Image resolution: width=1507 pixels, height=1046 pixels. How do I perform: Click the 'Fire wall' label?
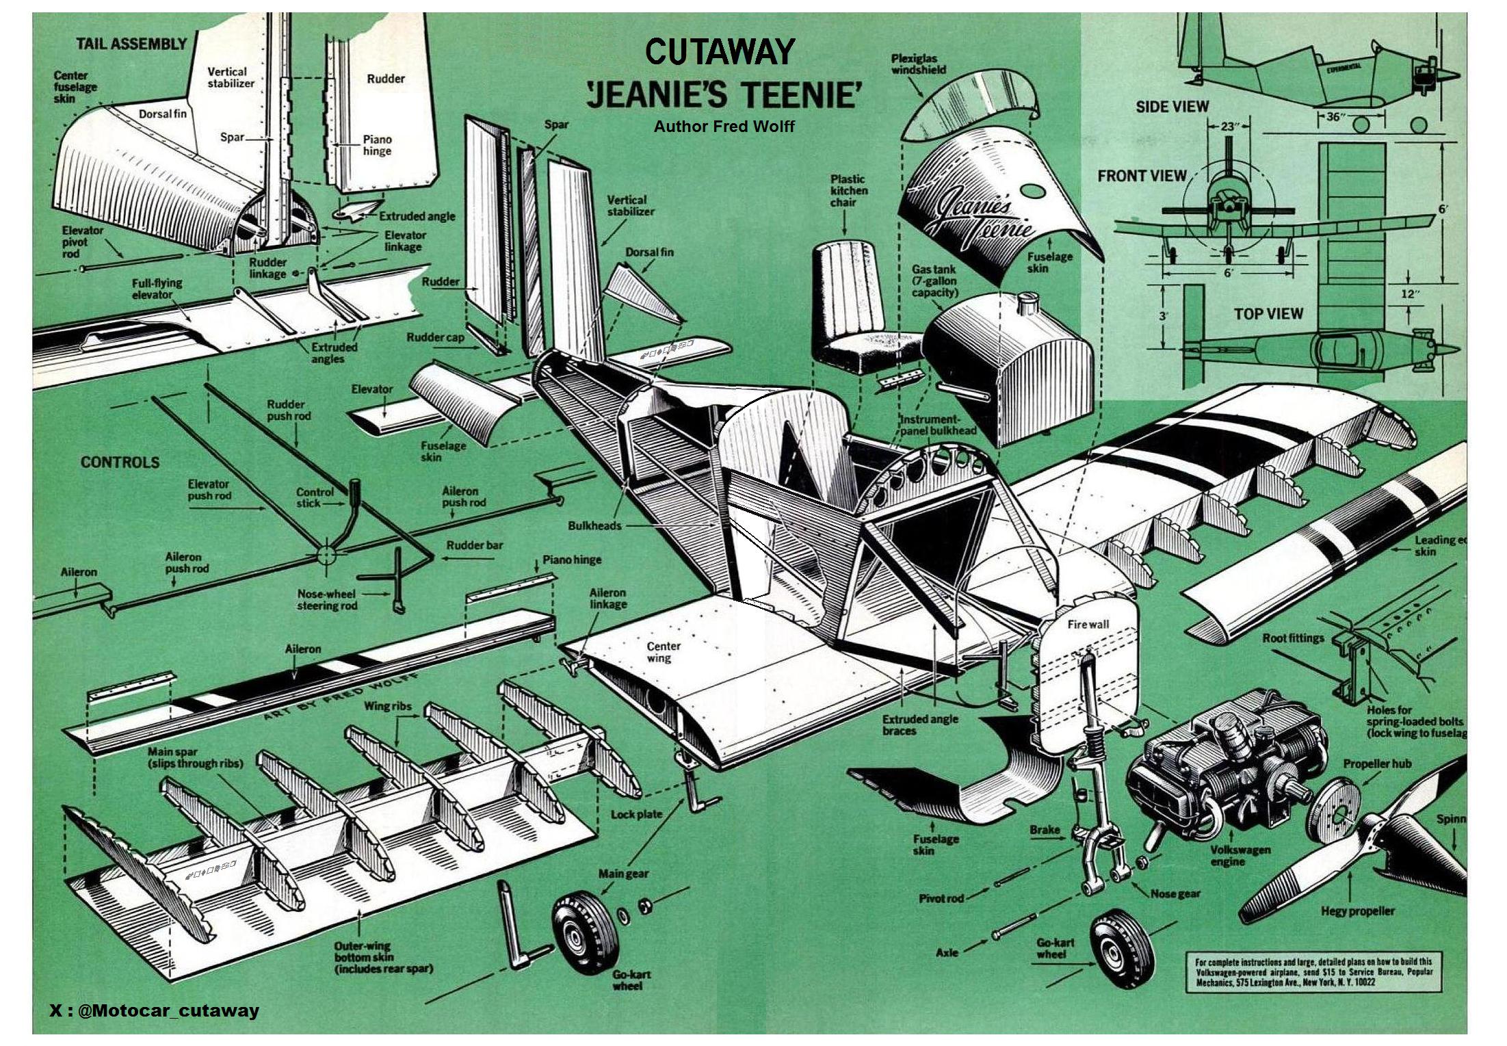(1088, 625)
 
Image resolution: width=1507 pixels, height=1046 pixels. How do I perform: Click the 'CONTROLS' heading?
(120, 462)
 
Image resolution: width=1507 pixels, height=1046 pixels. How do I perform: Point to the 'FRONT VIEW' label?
(1142, 176)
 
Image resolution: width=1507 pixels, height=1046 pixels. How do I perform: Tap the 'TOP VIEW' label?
(1268, 314)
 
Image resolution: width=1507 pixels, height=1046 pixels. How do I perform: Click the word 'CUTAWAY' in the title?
(720, 52)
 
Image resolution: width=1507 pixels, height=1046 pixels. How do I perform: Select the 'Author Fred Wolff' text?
(724, 127)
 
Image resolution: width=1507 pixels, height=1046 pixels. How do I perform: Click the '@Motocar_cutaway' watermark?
(155, 1010)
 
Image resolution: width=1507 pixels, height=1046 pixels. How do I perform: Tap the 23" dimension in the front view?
(1229, 127)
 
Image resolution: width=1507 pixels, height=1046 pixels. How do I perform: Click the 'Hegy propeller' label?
(1357, 911)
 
